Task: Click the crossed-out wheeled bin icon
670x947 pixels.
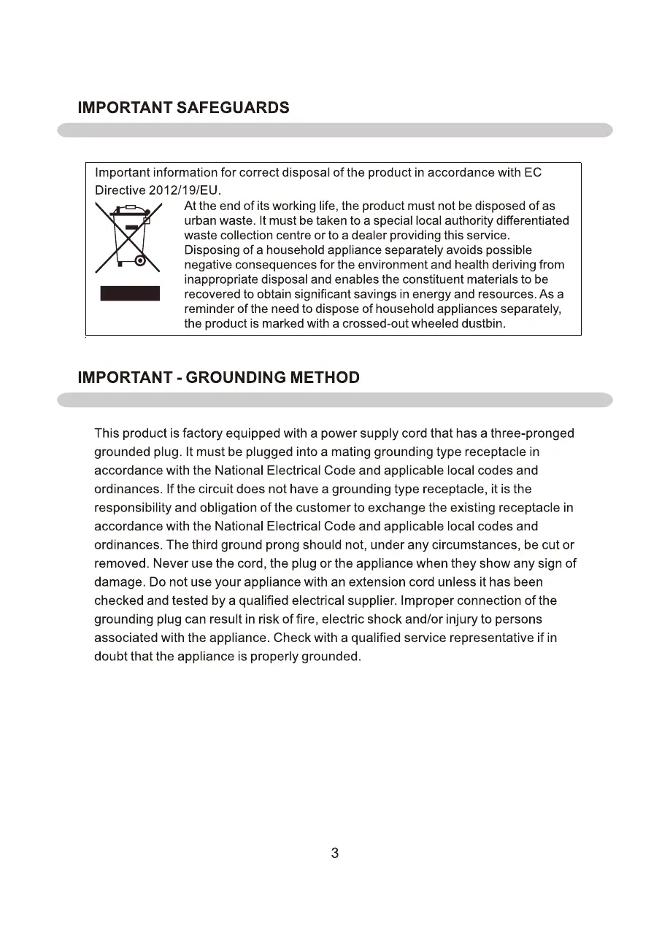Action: click(128, 238)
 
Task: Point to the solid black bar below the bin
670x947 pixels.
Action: click(130, 293)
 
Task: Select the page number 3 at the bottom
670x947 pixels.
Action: click(335, 853)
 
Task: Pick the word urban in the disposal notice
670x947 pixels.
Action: click(200, 220)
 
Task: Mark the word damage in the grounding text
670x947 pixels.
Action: click(116, 582)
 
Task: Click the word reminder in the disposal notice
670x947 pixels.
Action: click(210, 309)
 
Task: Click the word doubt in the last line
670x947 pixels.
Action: click(110, 657)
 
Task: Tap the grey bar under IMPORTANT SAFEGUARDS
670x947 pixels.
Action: click(335, 130)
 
